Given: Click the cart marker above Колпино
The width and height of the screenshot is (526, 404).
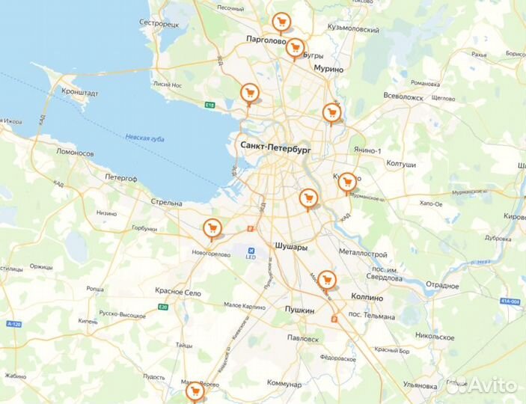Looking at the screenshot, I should [x=326, y=280].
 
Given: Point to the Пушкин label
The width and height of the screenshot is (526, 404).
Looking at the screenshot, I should [x=299, y=309].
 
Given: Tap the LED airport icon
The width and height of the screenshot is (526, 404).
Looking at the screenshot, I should [x=251, y=251].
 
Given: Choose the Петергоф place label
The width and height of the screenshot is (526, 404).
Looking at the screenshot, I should [x=120, y=178].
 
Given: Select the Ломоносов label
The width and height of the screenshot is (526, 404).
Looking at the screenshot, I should [x=75, y=153].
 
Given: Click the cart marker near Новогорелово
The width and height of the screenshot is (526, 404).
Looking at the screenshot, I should [x=213, y=227].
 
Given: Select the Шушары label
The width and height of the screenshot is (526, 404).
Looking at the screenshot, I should [x=291, y=246].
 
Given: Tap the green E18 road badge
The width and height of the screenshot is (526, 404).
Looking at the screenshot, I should [x=210, y=105].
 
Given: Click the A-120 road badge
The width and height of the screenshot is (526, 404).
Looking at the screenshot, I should [x=14, y=324].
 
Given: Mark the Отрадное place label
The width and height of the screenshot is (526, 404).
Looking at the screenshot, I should [x=442, y=286].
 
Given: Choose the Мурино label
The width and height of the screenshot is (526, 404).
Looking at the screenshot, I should [x=328, y=69].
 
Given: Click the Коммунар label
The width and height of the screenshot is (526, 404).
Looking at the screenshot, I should [x=284, y=384].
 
